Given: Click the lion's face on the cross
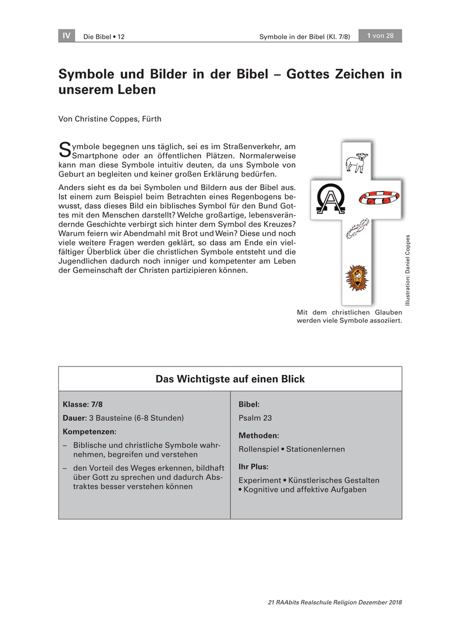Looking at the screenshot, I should click(356, 278).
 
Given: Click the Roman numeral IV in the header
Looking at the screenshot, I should click(66, 36).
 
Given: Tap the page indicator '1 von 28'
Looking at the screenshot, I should click(380, 36).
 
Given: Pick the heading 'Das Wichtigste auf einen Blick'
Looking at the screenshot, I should click(230, 379).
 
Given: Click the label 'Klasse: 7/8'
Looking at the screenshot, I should click(83, 404).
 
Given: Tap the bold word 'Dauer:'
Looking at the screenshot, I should click(74, 418).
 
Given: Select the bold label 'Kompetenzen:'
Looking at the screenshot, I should click(86, 432).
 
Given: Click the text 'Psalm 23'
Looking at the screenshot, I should click(255, 418).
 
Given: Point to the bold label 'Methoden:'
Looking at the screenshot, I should click(258, 436).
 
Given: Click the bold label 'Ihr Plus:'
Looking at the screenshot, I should click(253, 467).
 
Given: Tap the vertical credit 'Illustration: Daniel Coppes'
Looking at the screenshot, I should click(407, 269).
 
